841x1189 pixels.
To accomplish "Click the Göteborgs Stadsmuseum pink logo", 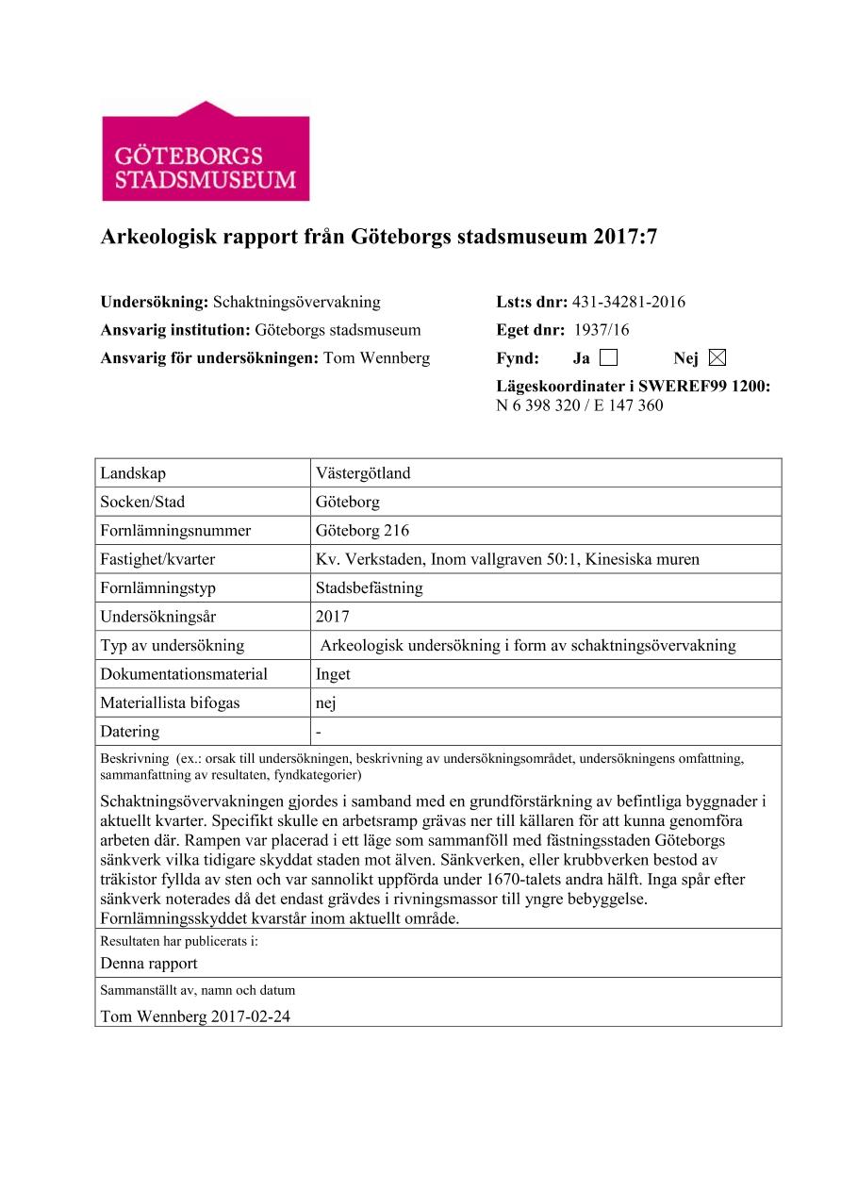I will (x=206, y=151).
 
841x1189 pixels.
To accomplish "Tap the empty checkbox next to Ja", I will (x=608, y=357).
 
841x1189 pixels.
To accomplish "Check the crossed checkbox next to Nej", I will (x=717, y=357).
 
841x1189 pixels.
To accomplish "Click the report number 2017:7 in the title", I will (x=625, y=239).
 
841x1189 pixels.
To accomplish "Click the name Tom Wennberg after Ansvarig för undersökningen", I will (x=376, y=358).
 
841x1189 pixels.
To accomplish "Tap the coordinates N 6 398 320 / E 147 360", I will (x=579, y=406).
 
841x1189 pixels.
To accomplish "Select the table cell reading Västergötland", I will (x=363, y=473).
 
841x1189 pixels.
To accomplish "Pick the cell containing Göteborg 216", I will (x=362, y=531).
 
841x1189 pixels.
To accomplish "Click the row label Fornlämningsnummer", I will (x=175, y=531).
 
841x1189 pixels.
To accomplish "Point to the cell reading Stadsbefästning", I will (x=370, y=588).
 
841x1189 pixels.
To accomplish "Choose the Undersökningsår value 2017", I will (x=333, y=617).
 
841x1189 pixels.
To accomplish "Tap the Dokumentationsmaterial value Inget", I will (x=333, y=674).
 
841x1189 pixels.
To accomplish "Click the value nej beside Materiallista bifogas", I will (x=326, y=703).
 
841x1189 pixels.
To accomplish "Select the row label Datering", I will (x=130, y=732).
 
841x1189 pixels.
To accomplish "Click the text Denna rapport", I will (x=149, y=963).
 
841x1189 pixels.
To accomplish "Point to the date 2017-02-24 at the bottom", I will (x=258, y=1017).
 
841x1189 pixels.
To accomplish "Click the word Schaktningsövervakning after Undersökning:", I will (x=297, y=303).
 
